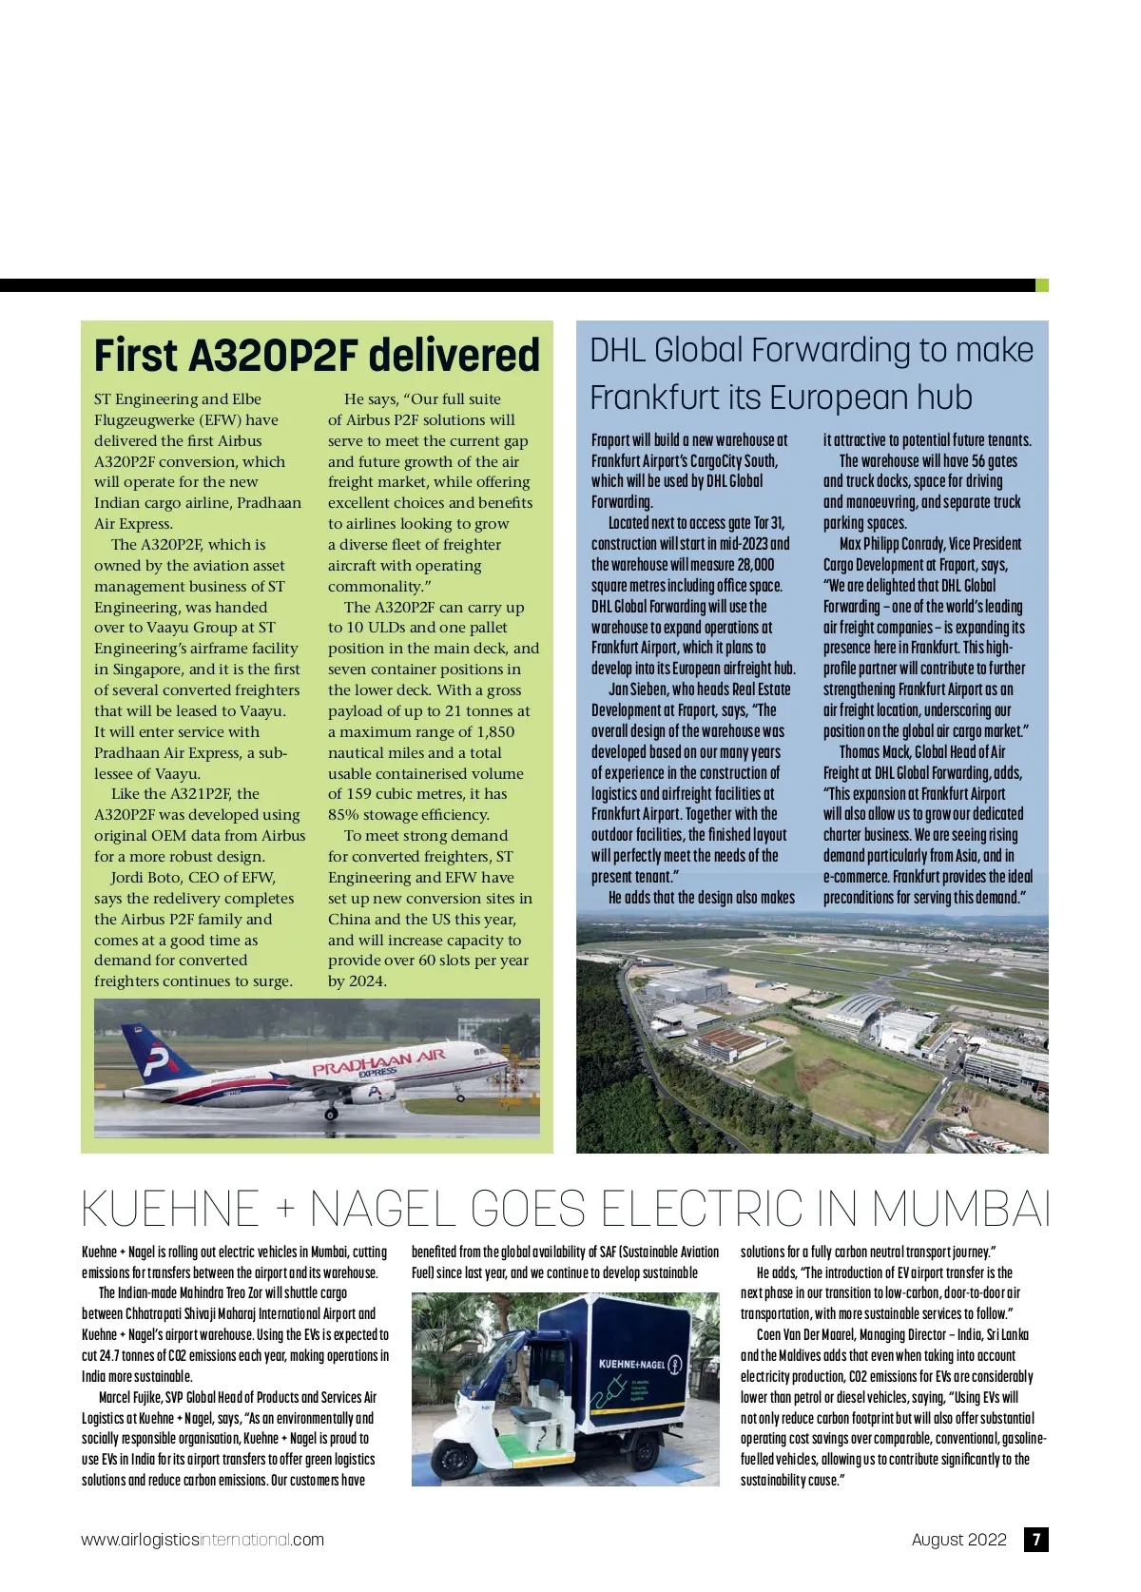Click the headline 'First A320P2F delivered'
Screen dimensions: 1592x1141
coord(317,356)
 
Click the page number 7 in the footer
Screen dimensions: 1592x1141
coord(1035,1540)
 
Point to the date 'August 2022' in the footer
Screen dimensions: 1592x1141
coord(958,1540)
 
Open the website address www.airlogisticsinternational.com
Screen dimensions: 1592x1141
coord(203,1540)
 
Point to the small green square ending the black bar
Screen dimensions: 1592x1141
coord(1041,285)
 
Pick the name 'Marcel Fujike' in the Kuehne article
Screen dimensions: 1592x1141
coord(130,1397)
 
